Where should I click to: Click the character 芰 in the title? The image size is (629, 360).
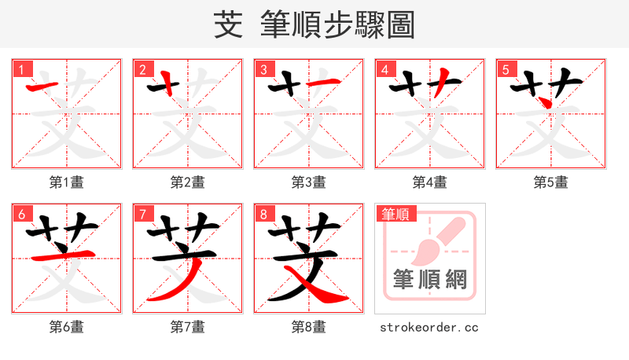coord(228,25)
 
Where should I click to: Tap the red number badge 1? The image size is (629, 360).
coord(20,70)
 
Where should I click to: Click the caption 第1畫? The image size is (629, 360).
coord(67,182)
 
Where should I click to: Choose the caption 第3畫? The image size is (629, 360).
coord(309,182)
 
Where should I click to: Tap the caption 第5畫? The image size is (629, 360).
coord(551,182)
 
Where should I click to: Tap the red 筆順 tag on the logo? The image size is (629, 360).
coord(395,214)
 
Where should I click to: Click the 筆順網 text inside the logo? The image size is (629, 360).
coord(430,279)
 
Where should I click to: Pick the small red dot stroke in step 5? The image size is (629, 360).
coord(543,102)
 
